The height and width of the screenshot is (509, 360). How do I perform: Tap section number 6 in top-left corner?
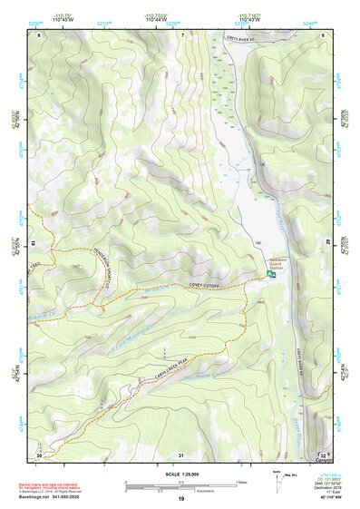(39, 34)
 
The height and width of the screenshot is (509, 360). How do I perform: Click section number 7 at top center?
(181, 34)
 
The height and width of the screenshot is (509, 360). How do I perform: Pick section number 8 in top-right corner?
(323, 34)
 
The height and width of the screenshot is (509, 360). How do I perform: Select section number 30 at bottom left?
(39, 454)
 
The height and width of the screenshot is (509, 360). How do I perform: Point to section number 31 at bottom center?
(181, 454)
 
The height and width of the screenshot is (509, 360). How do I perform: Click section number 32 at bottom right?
(322, 454)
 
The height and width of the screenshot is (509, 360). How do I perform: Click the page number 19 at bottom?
(180, 499)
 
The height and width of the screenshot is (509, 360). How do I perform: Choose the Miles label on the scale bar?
(241, 481)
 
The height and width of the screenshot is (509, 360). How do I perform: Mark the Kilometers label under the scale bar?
(210, 488)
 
